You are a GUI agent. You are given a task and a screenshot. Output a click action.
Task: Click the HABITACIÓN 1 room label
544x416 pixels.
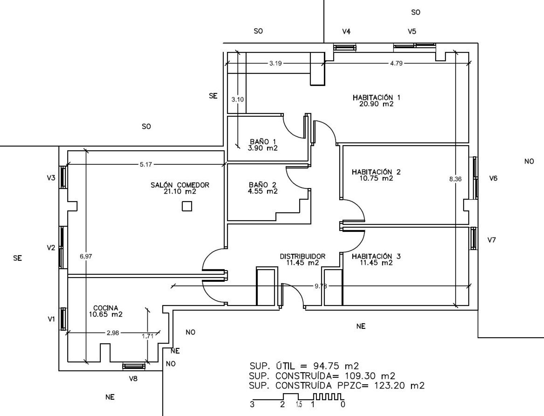[376, 98]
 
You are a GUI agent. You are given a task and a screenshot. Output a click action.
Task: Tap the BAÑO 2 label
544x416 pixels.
[263, 185]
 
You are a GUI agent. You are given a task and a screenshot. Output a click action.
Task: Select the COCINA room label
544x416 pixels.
[106, 308]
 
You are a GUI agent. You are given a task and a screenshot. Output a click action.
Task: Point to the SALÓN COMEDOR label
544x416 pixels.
[180, 185]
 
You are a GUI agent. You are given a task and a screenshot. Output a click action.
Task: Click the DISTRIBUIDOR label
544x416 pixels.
[302, 256]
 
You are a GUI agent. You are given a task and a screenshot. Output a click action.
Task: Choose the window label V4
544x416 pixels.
[346, 32]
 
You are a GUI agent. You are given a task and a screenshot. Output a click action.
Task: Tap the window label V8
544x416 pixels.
[133, 379]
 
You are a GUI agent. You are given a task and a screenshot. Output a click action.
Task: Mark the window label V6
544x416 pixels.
[493, 178]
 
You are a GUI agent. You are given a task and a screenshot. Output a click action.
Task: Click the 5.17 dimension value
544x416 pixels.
[146, 164]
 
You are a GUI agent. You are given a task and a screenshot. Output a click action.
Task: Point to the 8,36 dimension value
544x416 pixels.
[456, 179]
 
